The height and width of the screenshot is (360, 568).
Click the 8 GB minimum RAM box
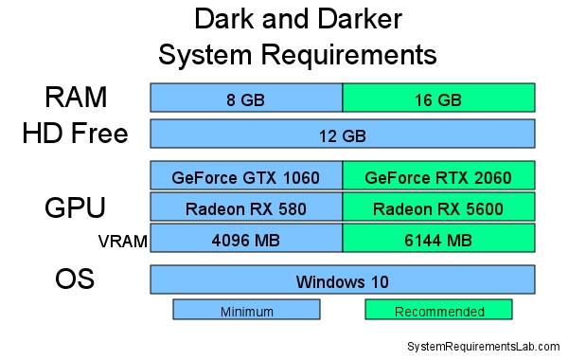click(246, 98)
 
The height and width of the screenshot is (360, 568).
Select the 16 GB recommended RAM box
click(438, 98)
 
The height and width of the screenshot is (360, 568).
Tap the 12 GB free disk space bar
click(342, 135)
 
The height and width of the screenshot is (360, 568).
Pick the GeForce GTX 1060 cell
click(246, 177)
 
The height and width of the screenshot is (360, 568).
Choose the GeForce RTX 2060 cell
click(438, 177)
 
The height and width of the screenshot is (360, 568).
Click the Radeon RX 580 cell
click(246, 208)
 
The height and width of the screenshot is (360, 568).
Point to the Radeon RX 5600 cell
click(438, 208)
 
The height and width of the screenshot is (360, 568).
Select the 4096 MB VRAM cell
click(246, 240)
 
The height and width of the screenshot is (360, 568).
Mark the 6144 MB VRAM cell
click(438, 240)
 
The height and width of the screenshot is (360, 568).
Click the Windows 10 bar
click(342, 280)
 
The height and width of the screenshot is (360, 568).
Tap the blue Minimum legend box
click(246, 310)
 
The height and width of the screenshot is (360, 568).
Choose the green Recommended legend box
click(438, 310)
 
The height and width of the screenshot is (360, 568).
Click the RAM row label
click(76, 97)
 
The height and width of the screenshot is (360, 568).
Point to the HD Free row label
click(75, 134)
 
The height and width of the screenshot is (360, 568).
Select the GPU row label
click(75, 208)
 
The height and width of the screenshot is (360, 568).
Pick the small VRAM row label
click(122, 242)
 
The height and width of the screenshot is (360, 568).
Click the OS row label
click(75, 280)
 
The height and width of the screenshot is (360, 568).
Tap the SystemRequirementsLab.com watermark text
click(483, 348)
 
